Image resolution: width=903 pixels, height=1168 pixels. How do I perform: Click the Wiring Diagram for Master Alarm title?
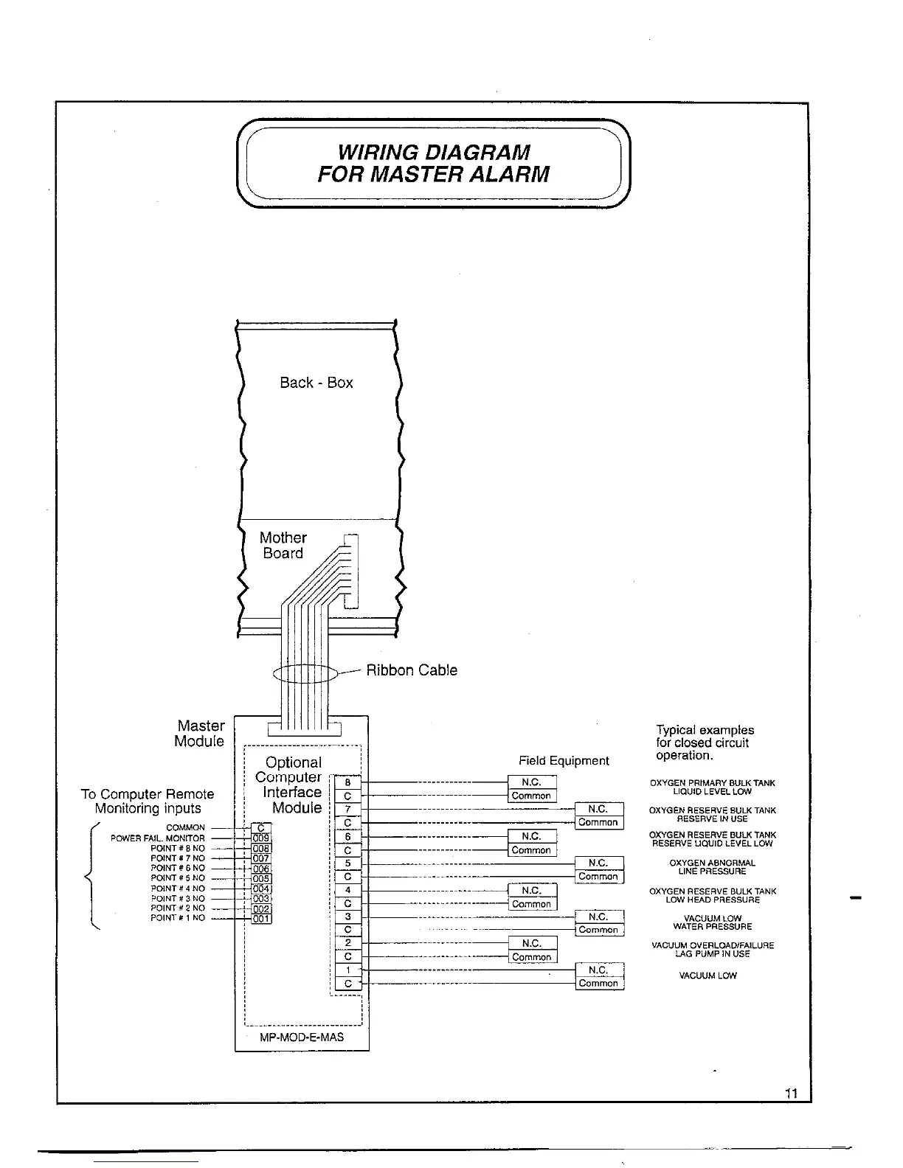pyautogui.click(x=433, y=164)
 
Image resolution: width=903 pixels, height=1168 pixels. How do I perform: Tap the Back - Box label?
pyautogui.click(x=316, y=383)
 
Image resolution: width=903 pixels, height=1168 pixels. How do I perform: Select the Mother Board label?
pyautogui.click(x=283, y=546)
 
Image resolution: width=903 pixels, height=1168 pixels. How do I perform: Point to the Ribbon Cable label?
pyautogui.click(x=412, y=670)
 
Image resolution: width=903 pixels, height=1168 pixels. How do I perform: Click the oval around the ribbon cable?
pyautogui.click(x=304, y=673)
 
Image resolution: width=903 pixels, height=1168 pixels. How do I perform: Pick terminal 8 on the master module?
pyautogui.click(x=347, y=783)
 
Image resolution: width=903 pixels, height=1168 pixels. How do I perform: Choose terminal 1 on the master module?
pyautogui.click(x=347, y=970)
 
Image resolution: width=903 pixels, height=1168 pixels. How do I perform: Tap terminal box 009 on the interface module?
pyautogui.click(x=261, y=838)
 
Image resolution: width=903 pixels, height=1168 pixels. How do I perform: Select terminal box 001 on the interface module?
pyautogui.click(x=261, y=919)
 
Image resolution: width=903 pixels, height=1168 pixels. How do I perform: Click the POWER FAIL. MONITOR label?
pyautogui.click(x=158, y=838)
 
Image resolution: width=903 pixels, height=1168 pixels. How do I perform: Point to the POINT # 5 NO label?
pyautogui.click(x=177, y=878)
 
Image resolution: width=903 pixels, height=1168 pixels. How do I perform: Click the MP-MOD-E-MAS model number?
pyautogui.click(x=302, y=1037)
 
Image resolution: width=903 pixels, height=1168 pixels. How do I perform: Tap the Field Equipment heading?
pyautogui.click(x=564, y=761)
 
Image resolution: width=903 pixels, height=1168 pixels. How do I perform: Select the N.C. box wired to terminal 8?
pyautogui.click(x=531, y=782)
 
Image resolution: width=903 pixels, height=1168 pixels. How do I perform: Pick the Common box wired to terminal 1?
pyautogui.click(x=598, y=984)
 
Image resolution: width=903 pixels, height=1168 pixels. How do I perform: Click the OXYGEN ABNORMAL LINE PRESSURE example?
pyautogui.click(x=712, y=867)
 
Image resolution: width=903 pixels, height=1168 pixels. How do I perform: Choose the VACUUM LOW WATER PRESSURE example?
pyautogui.click(x=712, y=922)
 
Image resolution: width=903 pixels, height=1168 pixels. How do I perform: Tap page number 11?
pyautogui.click(x=792, y=1094)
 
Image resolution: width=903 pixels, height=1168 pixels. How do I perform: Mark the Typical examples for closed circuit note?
pyautogui.click(x=705, y=743)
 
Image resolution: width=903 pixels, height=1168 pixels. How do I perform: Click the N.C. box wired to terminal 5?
pyautogui.click(x=598, y=863)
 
